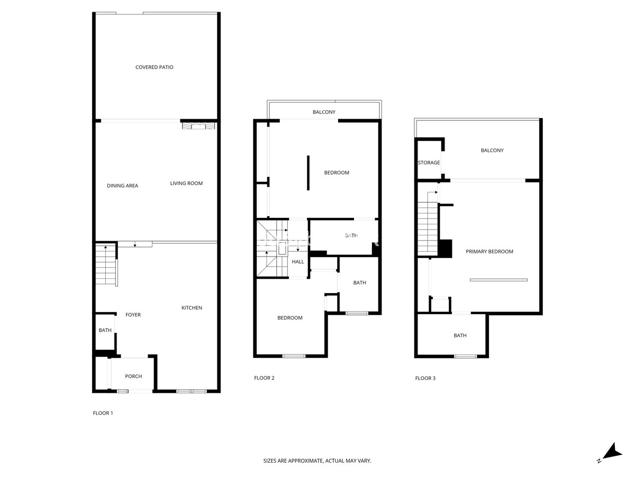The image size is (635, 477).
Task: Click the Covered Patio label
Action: (x=154, y=67)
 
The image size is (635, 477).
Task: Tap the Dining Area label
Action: (x=122, y=185)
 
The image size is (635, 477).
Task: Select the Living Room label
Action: (x=186, y=183)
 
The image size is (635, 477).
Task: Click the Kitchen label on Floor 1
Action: (x=192, y=308)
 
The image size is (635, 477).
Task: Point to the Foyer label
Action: (x=133, y=315)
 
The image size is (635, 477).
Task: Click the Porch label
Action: (x=133, y=376)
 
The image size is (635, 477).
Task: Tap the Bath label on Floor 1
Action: (x=105, y=330)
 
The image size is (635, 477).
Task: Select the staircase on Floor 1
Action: (x=106, y=264)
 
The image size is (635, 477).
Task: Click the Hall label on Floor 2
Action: (x=298, y=262)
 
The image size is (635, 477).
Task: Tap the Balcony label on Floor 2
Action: (x=324, y=112)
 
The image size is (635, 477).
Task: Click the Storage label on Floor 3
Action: (x=429, y=163)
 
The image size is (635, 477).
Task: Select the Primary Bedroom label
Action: (x=489, y=252)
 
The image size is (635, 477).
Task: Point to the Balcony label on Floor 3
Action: (x=492, y=151)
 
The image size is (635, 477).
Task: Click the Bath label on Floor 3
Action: (x=460, y=335)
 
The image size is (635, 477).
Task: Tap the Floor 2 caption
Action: (x=264, y=378)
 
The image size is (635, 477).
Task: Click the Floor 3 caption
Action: (x=425, y=378)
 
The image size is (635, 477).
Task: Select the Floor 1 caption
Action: (x=103, y=413)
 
